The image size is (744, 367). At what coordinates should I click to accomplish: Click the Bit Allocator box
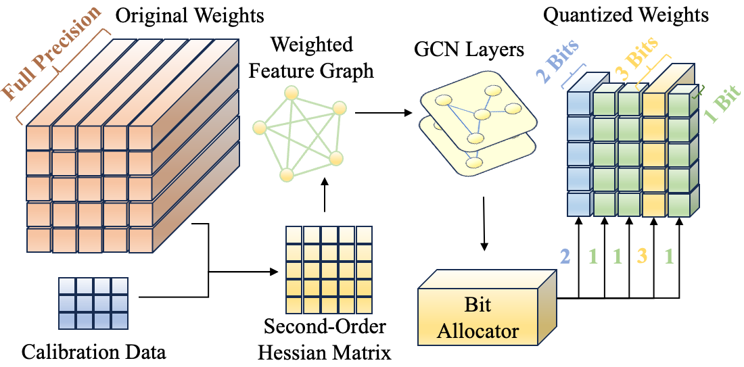486,313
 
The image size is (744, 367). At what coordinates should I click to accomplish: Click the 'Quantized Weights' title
626,15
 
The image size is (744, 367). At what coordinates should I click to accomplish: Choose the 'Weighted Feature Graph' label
311,57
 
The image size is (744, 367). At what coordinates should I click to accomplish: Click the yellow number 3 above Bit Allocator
641,257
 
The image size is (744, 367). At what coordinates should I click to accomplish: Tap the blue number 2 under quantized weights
565,257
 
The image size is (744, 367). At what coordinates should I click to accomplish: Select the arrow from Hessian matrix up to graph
325,195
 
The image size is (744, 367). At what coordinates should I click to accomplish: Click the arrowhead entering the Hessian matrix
273,272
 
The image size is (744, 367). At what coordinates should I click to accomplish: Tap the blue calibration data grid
93,303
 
